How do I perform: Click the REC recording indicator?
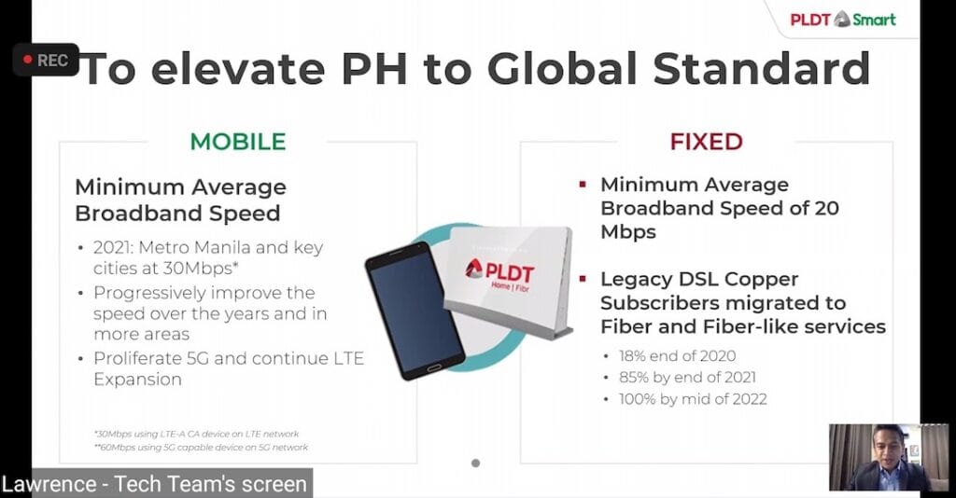pyautogui.click(x=45, y=60)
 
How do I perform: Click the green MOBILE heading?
pyautogui.click(x=238, y=142)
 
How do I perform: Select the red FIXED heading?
pyautogui.click(x=706, y=142)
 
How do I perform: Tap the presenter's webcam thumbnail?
pyautogui.click(x=875, y=458)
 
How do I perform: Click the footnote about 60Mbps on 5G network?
pyautogui.click(x=202, y=448)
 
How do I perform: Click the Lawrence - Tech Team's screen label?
pyautogui.click(x=154, y=484)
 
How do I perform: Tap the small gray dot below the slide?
pyautogui.click(x=475, y=463)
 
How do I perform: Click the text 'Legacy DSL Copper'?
pyautogui.click(x=699, y=279)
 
